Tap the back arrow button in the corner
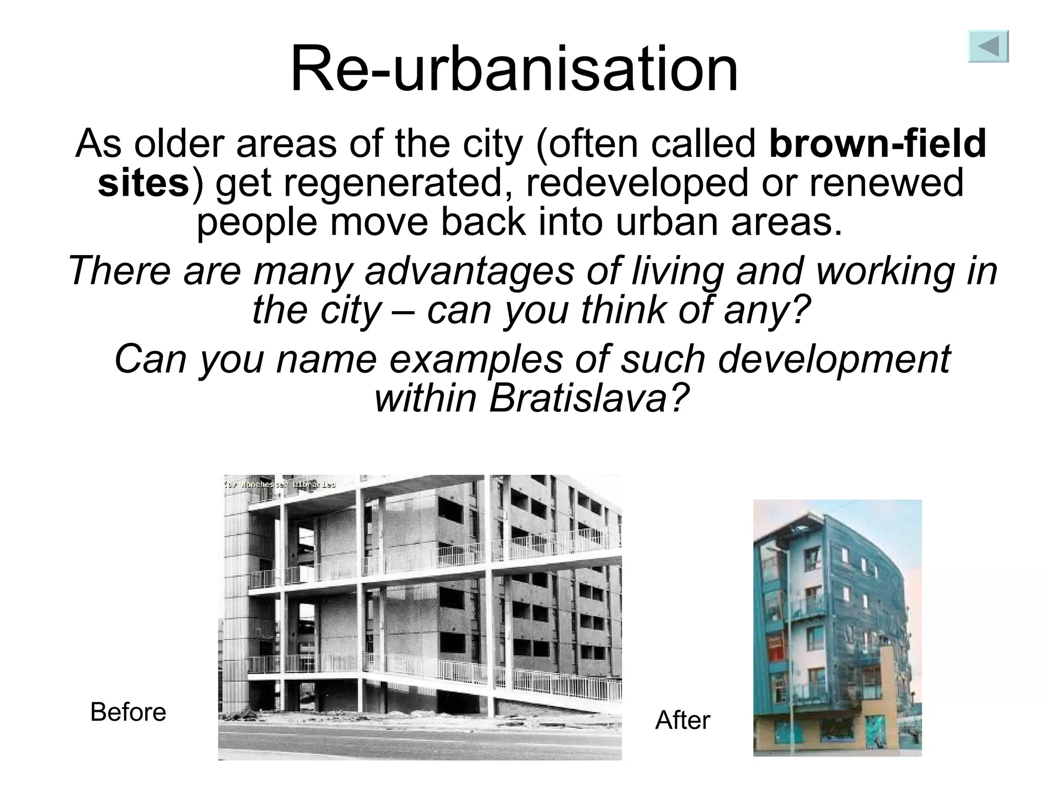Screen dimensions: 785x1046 [x=988, y=47]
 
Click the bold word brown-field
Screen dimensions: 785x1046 [x=877, y=144]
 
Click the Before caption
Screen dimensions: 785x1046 [x=128, y=712]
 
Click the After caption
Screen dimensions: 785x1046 [x=682, y=720]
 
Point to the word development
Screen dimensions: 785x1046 [x=834, y=359]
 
